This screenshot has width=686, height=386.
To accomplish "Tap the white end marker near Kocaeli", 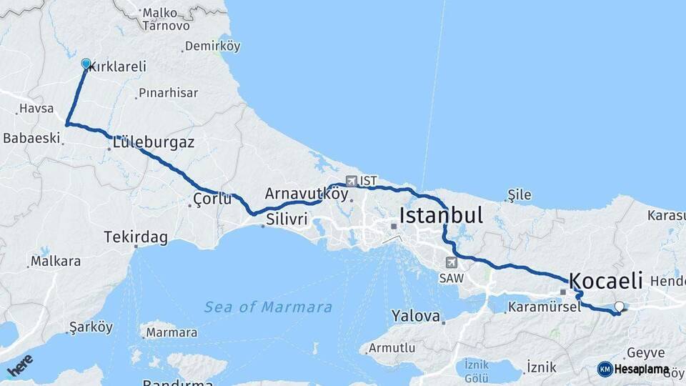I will click(619, 307).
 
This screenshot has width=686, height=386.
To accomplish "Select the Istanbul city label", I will click(441, 215).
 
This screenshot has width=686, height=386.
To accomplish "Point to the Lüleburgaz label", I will click(153, 142).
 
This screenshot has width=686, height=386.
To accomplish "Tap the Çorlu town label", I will click(212, 199).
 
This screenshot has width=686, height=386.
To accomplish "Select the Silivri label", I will click(287, 219).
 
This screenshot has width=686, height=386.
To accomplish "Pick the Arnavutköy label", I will click(307, 194).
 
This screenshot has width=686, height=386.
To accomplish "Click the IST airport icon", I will click(351, 181).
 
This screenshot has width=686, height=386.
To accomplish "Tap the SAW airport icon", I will click(451, 262).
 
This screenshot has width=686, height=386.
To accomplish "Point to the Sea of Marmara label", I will click(268, 307).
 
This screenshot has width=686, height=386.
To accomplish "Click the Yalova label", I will click(415, 315).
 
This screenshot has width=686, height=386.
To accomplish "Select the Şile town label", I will click(520, 194).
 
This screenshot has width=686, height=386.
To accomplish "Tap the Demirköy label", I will click(212, 46).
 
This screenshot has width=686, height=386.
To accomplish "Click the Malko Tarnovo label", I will click(166, 19).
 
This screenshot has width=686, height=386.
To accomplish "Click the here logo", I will click(21, 365).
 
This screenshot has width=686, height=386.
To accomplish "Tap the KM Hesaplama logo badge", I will click(633, 370).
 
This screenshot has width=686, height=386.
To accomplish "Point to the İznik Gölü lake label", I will click(477, 370).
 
